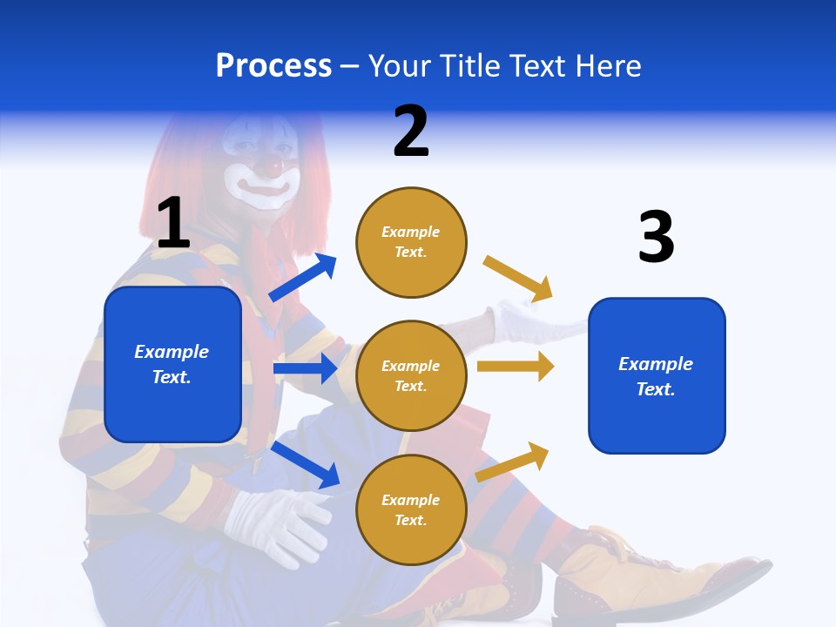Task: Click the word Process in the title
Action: tap(273, 66)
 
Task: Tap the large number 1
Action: tap(172, 224)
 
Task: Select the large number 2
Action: tap(411, 131)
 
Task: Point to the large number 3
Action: tap(656, 237)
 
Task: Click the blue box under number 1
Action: tap(172, 364)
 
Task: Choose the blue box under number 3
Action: tap(657, 375)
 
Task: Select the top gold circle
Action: tap(411, 241)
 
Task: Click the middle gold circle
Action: tap(411, 375)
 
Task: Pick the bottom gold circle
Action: tap(411, 509)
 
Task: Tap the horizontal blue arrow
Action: tap(305, 368)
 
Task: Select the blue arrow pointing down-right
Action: tap(306, 464)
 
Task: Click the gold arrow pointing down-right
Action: tap(518, 279)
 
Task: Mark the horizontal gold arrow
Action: tap(516, 367)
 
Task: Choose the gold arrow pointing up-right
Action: tap(513, 462)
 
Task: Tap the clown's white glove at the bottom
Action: tap(274, 522)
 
